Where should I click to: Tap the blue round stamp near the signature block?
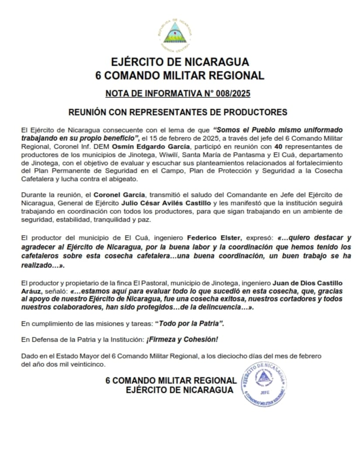click(x=264, y=384)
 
